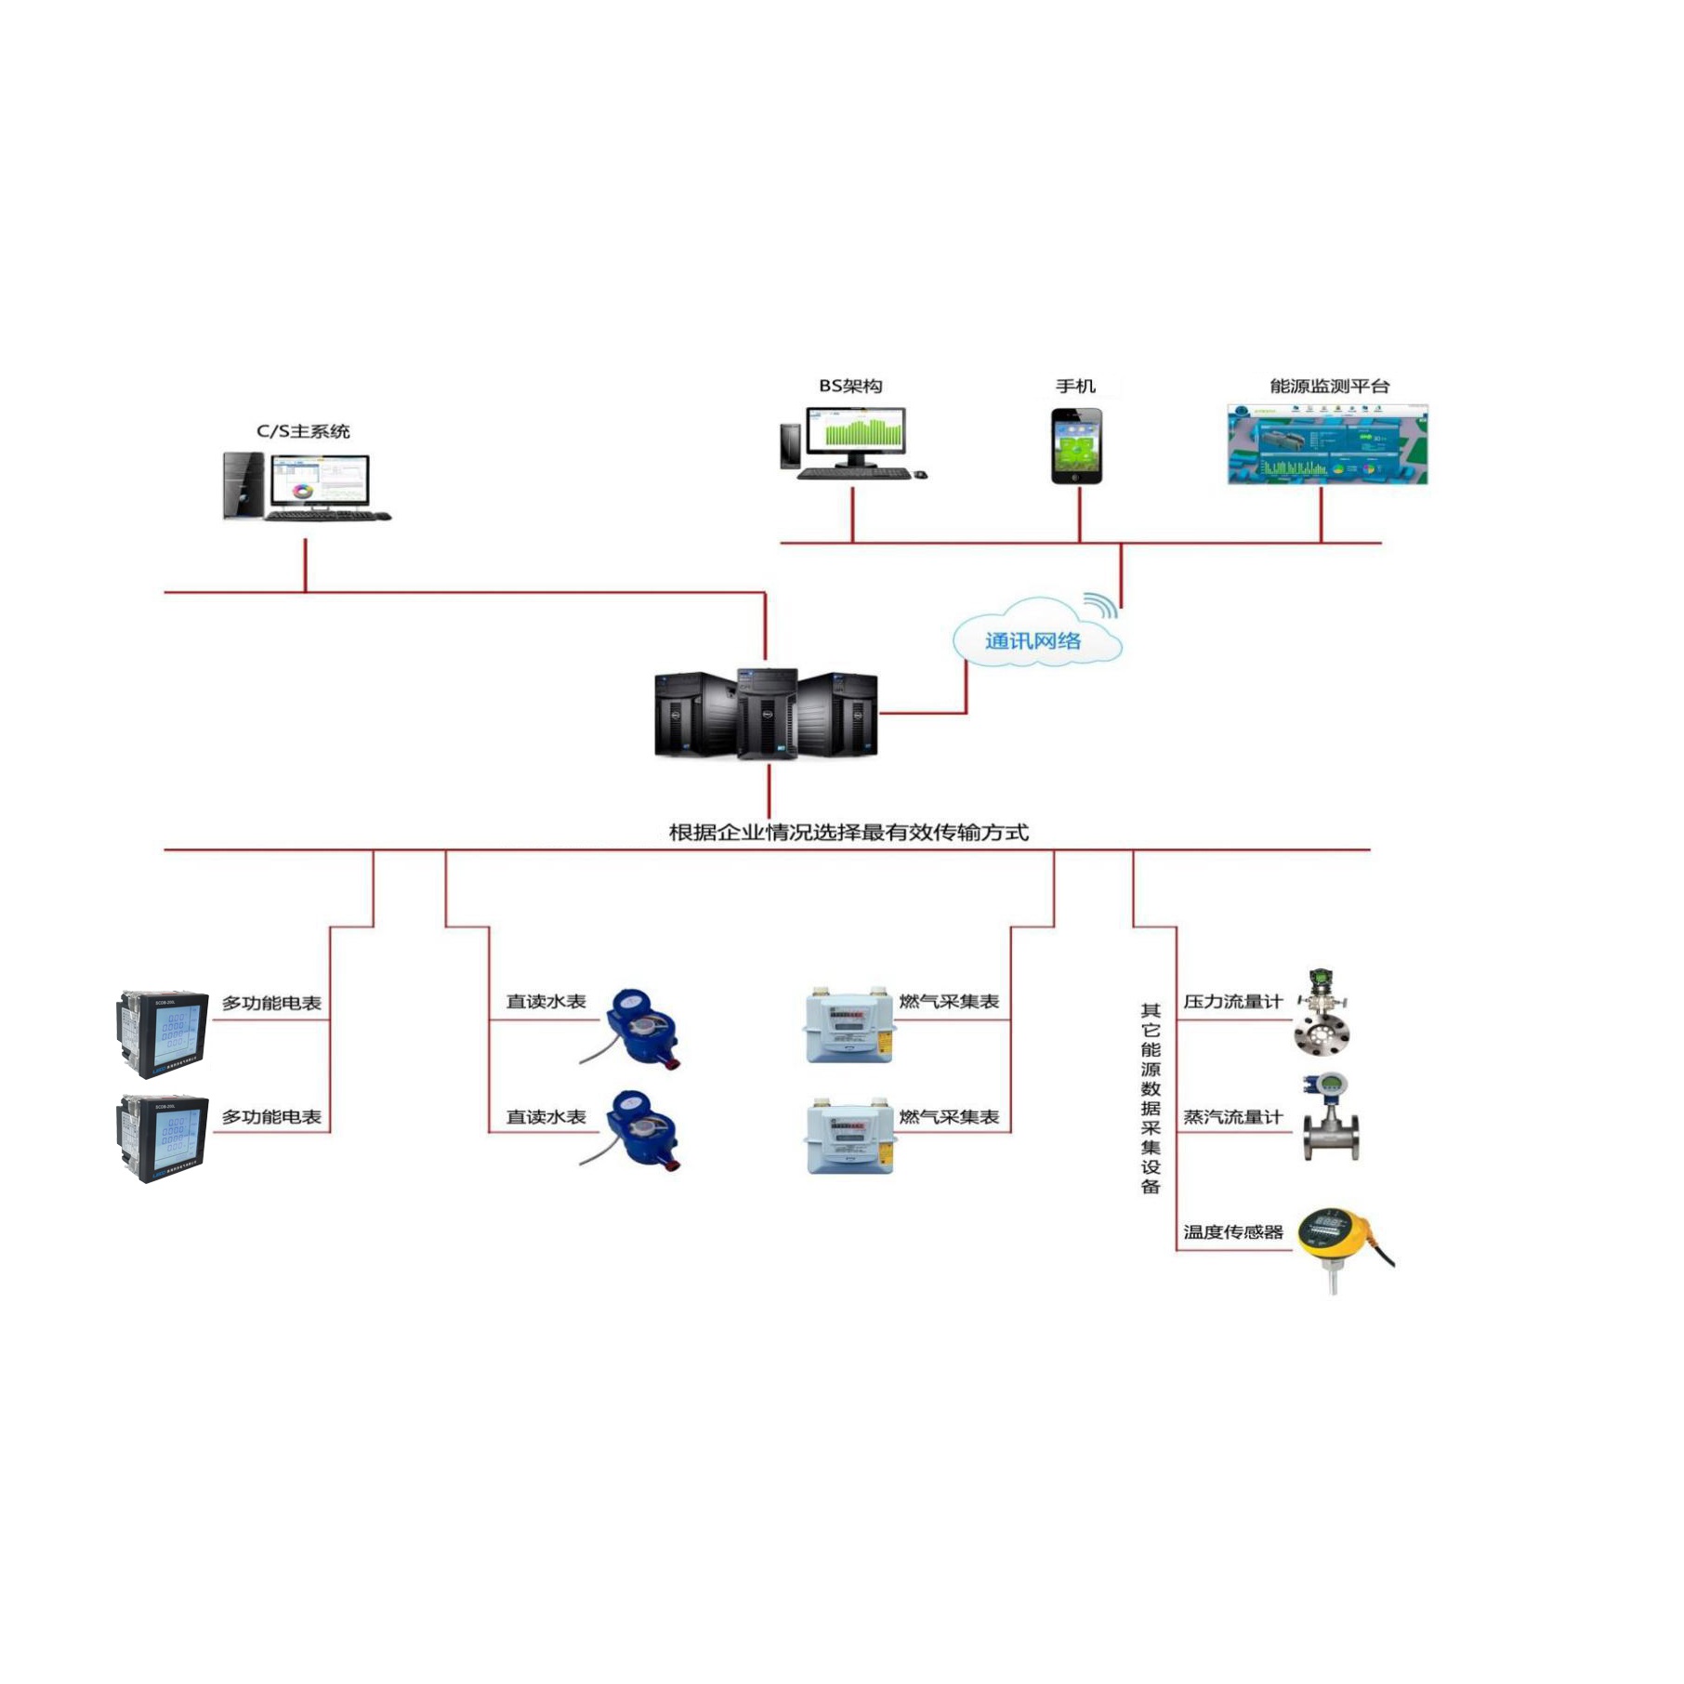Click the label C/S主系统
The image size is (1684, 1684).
coord(303,431)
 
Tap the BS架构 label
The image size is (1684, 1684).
coord(850,386)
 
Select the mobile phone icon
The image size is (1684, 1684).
coord(1076,446)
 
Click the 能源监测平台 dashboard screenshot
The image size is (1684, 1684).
coord(1327,444)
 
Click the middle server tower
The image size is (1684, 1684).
coord(767,714)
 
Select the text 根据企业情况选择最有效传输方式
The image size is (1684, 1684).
coord(849,832)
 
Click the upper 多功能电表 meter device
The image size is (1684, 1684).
coord(164,1033)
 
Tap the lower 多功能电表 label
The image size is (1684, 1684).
coord(271,1117)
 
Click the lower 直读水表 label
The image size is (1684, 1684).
coord(546,1117)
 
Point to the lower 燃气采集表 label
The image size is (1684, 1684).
coord(949,1117)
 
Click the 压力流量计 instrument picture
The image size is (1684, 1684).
coord(1322,1012)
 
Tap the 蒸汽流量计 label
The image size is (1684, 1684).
coord(1232,1117)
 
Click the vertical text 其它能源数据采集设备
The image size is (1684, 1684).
coord(1151,1098)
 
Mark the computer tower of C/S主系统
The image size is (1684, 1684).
coord(243,485)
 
